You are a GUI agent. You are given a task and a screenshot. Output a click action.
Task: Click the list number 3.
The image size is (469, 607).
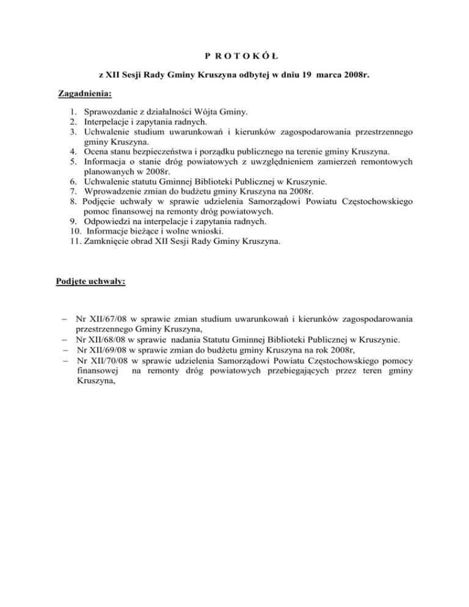(x=73, y=133)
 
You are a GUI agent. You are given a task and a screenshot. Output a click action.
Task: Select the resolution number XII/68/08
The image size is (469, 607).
(x=111, y=340)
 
